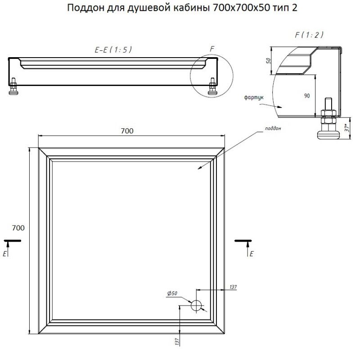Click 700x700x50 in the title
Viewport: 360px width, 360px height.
(x=241, y=8)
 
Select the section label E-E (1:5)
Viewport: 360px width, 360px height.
(x=113, y=49)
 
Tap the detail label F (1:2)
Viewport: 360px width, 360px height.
(x=309, y=35)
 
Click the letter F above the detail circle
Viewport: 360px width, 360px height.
(x=212, y=49)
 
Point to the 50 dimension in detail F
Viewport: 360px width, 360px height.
(x=268, y=61)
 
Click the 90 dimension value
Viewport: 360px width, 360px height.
(x=307, y=96)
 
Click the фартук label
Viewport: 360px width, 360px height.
(x=254, y=98)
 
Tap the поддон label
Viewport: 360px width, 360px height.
(x=273, y=128)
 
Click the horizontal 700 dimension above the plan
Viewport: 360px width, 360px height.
(x=127, y=131)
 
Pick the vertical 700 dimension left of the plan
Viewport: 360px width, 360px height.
(x=18, y=228)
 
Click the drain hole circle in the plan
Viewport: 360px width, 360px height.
(x=196, y=306)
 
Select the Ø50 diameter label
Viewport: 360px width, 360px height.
(x=172, y=293)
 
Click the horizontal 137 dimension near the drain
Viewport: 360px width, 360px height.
(x=233, y=287)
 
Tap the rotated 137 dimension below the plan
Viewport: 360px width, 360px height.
(x=177, y=342)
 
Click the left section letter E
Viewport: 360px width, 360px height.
(x=5, y=254)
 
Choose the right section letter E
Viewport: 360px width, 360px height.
(x=252, y=254)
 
